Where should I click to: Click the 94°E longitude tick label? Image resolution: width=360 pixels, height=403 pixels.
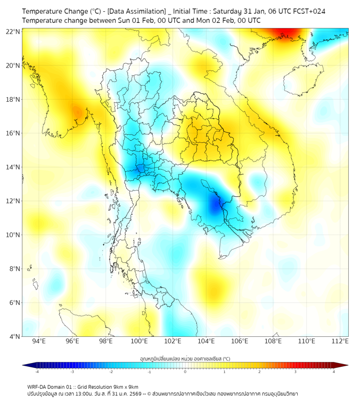point(39,341)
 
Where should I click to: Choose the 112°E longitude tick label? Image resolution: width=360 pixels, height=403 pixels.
point(340,341)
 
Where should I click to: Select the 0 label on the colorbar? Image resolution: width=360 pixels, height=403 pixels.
point(185,372)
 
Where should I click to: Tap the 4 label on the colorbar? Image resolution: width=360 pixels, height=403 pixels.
point(334,372)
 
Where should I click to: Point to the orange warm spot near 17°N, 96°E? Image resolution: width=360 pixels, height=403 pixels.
point(77,112)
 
